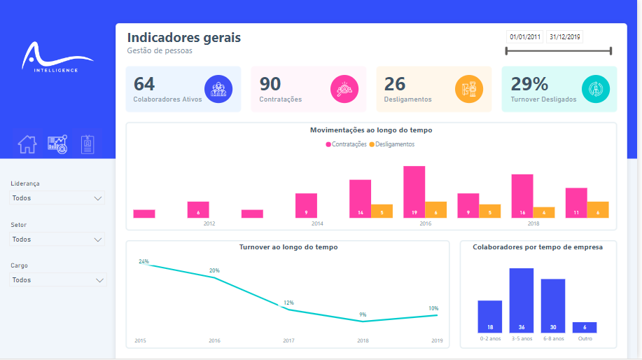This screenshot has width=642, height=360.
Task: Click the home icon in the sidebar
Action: tap(27, 144)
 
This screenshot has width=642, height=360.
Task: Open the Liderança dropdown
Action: tap(58, 198)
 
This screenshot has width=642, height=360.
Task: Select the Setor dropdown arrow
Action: tap(98, 240)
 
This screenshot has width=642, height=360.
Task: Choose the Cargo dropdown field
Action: tap(58, 280)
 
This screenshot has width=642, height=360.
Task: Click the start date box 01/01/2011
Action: tap(525, 37)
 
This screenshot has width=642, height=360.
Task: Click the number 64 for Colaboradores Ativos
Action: tap(144, 84)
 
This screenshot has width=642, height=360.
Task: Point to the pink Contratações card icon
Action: tap(344, 89)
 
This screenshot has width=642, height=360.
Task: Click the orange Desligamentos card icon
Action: tap(469, 89)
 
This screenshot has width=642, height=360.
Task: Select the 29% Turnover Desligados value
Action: tap(529, 84)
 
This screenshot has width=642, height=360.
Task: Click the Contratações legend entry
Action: tap(346, 144)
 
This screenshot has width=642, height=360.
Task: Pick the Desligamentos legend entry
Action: tap(392, 144)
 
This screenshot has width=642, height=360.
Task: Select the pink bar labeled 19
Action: tap(414, 192)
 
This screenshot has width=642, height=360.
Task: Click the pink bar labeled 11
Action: tap(575, 203)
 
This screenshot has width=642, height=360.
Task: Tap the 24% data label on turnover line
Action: tap(144, 261)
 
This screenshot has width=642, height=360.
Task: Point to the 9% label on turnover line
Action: tap(363, 314)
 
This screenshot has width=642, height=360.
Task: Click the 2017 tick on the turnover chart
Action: tap(288, 341)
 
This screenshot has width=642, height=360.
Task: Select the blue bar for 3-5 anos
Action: tap(521, 300)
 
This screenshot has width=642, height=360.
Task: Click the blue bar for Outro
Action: tap(584, 327)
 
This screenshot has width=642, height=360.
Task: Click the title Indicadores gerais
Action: tap(183, 38)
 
